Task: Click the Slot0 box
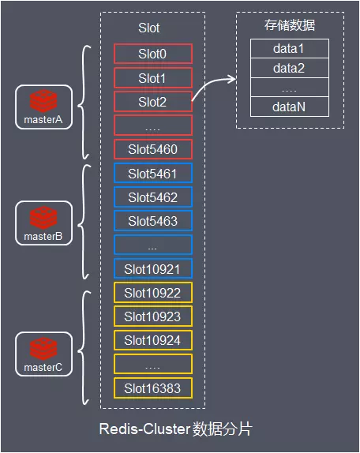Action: [153, 54]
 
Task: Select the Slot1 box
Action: [153, 77]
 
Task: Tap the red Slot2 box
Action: [153, 101]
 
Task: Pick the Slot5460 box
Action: [153, 149]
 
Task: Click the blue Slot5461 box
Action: [153, 174]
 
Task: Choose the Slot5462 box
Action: [153, 197]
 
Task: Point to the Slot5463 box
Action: [153, 221]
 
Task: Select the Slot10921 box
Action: [153, 269]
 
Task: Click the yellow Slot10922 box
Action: [153, 293]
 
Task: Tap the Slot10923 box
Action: [153, 316]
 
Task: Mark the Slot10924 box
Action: [153, 340]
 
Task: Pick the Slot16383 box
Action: [153, 388]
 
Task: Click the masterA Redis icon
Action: [43, 101]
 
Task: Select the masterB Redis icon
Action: [43, 217]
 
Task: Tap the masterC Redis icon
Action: [43, 347]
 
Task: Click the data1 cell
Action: [288, 49]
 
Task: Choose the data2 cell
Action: [288, 68]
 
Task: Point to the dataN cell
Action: [288, 107]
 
